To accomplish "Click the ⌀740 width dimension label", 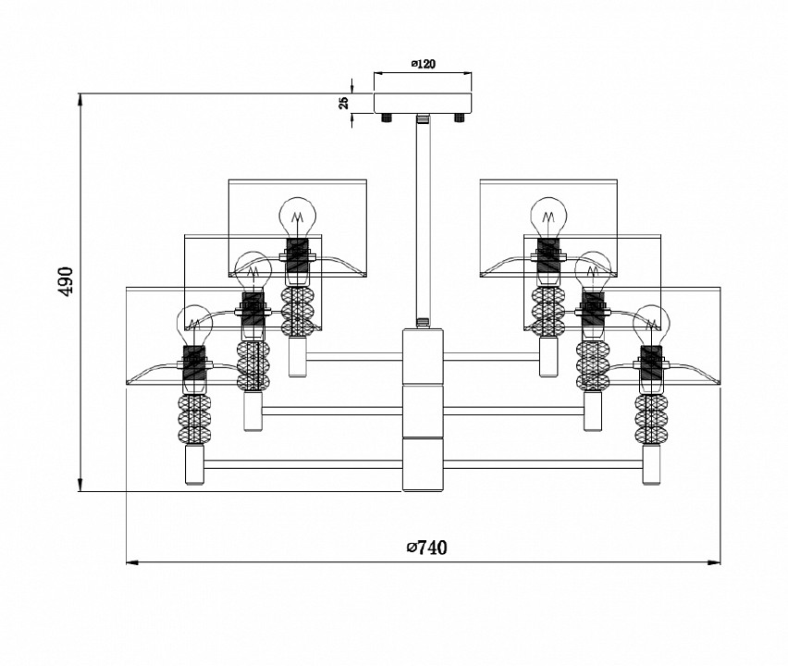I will [x=426, y=548].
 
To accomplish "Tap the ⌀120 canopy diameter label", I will [x=423, y=64].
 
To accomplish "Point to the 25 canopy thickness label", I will [x=344, y=103].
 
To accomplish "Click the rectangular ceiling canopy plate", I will [x=423, y=102].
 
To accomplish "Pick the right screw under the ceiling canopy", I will [x=457, y=118].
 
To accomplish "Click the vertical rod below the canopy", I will [x=423, y=222].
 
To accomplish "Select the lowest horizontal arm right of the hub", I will [x=546, y=464].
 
